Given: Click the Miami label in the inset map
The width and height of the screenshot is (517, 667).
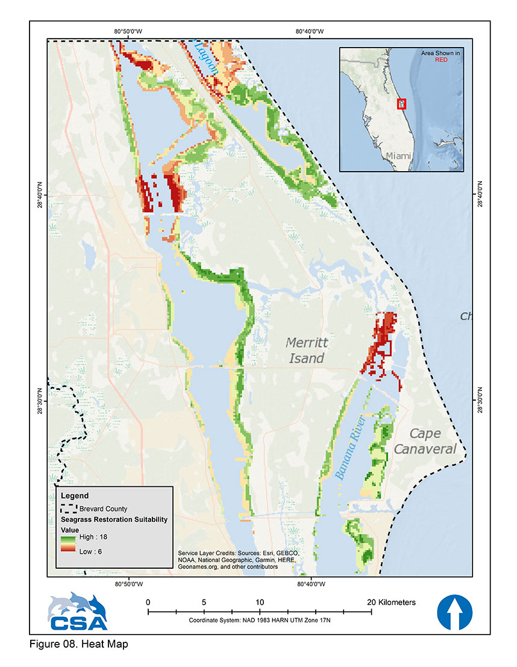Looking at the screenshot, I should [x=398, y=155].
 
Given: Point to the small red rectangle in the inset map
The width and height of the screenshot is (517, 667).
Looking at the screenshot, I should [x=402, y=104].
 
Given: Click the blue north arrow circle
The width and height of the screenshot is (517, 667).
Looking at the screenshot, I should [x=454, y=612].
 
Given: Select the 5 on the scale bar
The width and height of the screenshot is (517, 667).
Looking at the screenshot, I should [x=204, y=602].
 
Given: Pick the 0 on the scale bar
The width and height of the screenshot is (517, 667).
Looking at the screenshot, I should [x=148, y=602].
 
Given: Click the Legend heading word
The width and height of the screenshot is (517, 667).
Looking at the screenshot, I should [x=75, y=496].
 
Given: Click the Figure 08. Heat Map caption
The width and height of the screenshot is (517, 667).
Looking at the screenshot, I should [x=78, y=644].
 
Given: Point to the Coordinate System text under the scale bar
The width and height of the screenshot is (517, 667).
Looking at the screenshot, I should [x=259, y=620].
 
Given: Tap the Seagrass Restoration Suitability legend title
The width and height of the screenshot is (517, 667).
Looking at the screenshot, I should [x=114, y=519].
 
